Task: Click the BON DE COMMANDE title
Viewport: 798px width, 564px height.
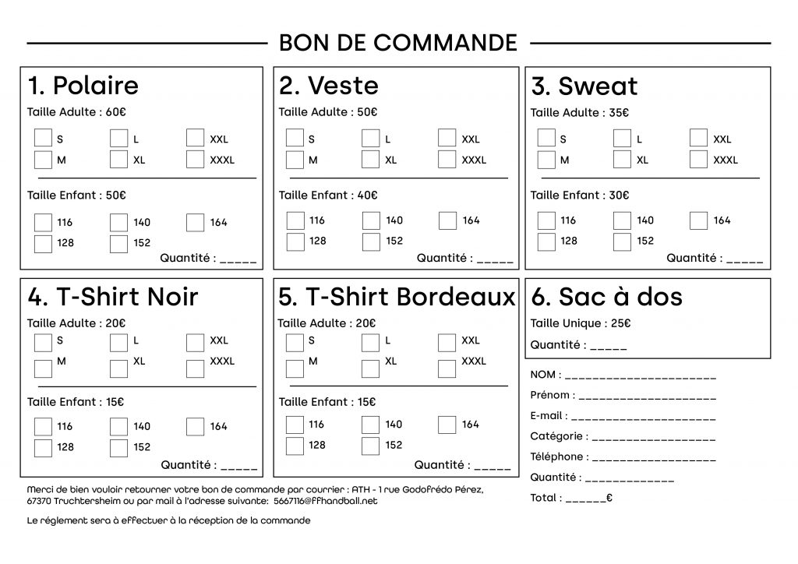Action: click(397, 42)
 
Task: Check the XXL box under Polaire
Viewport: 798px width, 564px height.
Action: click(195, 139)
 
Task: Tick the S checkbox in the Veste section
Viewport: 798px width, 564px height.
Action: click(294, 139)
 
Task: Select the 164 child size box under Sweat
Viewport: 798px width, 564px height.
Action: click(698, 220)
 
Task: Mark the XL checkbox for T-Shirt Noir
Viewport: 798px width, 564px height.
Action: click(118, 362)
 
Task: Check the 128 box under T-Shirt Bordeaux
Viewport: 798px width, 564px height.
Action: click(295, 446)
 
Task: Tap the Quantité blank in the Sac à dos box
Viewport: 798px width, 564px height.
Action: click(609, 346)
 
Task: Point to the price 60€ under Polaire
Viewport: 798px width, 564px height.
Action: click(115, 112)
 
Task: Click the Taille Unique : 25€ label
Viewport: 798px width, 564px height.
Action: click(581, 323)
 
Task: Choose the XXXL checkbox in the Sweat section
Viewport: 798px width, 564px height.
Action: click(698, 160)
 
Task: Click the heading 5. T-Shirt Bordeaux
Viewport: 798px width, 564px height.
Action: click(397, 297)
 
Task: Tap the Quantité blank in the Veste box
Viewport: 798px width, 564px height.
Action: click(494, 259)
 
